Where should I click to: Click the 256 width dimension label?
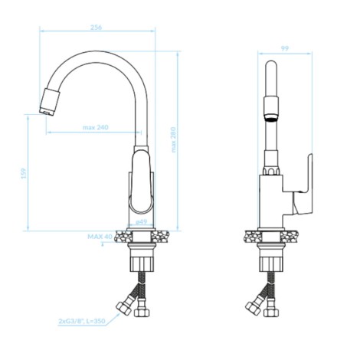[x=96, y=28]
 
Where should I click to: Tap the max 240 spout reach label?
[x=96, y=127]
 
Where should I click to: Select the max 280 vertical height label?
[x=174, y=139]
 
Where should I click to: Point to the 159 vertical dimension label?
[x=24, y=173]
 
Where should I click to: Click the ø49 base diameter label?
[x=142, y=222]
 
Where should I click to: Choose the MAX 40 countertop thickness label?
[x=100, y=237]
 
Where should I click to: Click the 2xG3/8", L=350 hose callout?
[x=82, y=321]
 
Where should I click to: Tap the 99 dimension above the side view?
[x=285, y=48]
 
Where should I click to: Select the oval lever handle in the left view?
[x=141, y=182]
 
